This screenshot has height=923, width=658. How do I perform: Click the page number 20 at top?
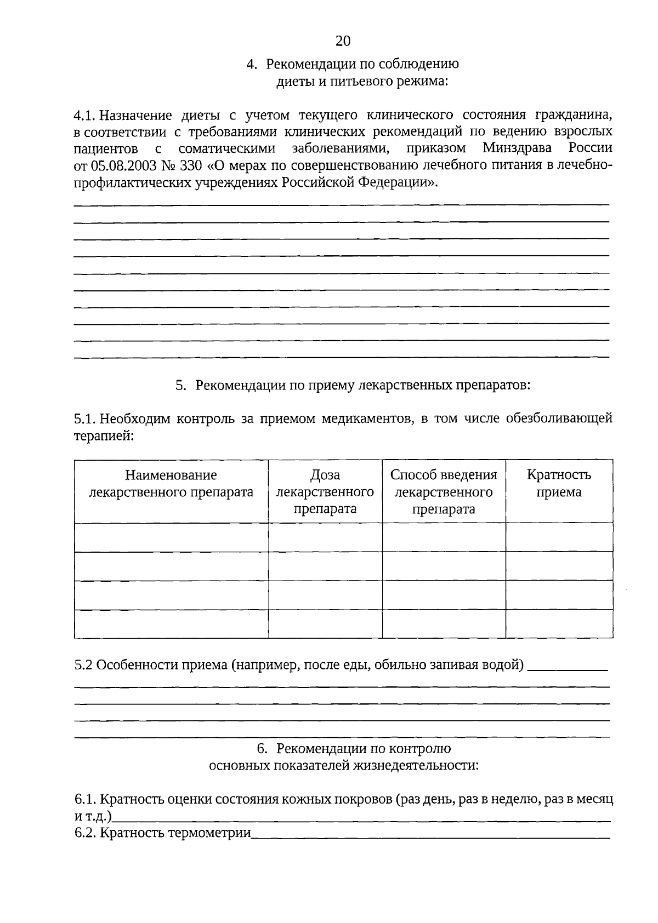pyautogui.click(x=342, y=41)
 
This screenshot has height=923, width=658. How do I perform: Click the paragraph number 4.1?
pyautogui.click(x=86, y=116)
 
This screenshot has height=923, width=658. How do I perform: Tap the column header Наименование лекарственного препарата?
pyautogui.click(x=171, y=484)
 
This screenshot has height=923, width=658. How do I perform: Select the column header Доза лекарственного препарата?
pyautogui.click(x=325, y=491)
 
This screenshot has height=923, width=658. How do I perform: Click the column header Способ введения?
pyautogui.click(x=444, y=475)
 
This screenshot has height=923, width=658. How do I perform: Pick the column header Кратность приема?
pyautogui.click(x=559, y=484)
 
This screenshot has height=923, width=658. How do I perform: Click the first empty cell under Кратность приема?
pyautogui.click(x=559, y=537)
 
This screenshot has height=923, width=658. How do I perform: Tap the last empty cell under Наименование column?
pyautogui.click(x=171, y=624)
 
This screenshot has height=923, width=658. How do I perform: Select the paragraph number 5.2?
pyautogui.click(x=84, y=665)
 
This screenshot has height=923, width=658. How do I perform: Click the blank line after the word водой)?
pyautogui.click(x=570, y=667)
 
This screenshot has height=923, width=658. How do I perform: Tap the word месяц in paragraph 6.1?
pyautogui.click(x=595, y=799)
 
